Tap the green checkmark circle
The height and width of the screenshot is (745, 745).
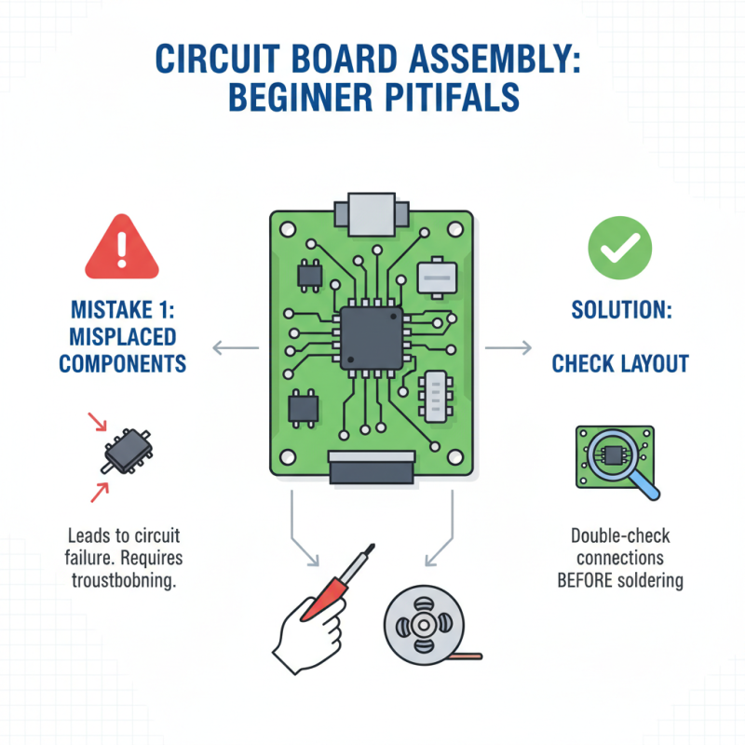pyautogui.click(x=620, y=247)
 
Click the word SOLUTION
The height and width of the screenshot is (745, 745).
pyautogui.click(x=619, y=308)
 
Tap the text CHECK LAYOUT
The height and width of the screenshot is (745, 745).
pyautogui.click(x=619, y=362)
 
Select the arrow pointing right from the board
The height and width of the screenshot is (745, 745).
pyautogui.click(x=507, y=349)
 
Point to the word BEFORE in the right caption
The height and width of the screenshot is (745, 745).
pyautogui.click(x=582, y=581)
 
